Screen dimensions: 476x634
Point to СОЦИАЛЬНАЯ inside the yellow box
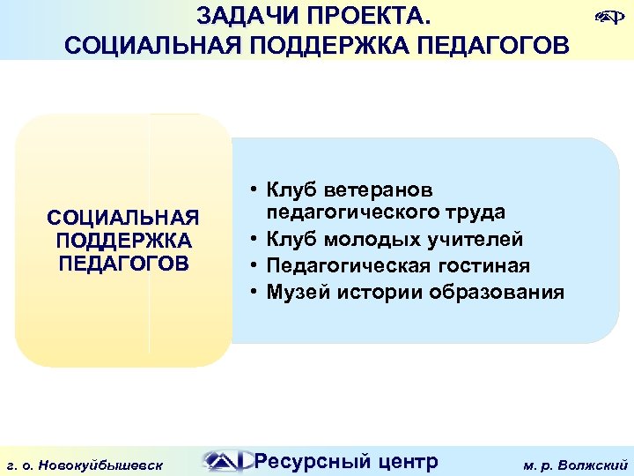(123, 217)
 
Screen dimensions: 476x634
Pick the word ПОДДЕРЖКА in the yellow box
(123, 241)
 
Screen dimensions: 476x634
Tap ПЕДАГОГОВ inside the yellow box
(123, 264)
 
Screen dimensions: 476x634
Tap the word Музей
(297, 292)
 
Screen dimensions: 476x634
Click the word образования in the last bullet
(497, 292)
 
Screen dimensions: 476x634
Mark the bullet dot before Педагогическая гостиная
(252, 265)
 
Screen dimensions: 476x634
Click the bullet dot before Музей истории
(252, 292)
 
